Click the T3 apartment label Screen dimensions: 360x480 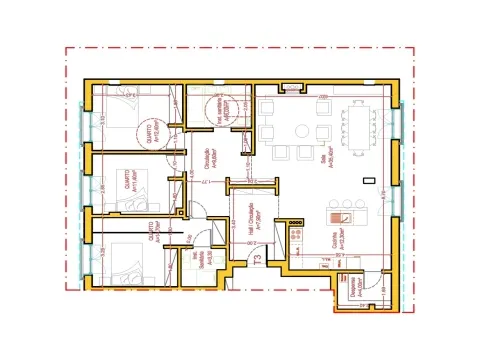point(257,261)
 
